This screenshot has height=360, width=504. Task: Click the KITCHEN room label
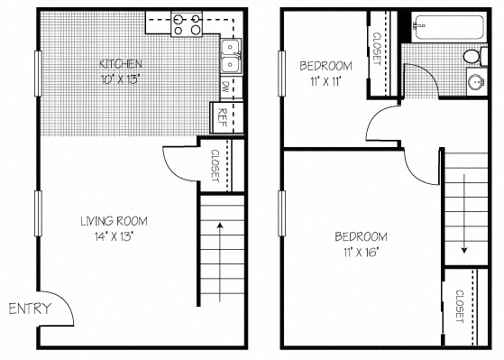[x=119, y=63]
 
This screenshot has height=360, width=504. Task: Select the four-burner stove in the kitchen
[x=187, y=23]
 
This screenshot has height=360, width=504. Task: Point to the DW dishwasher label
[x=225, y=88]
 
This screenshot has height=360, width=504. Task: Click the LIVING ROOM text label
[x=114, y=221]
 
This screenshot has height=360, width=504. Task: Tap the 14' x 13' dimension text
[x=114, y=236]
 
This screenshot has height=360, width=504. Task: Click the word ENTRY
[x=30, y=309]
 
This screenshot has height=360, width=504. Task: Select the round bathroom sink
[x=474, y=83]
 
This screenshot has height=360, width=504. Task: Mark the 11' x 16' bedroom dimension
[x=358, y=252]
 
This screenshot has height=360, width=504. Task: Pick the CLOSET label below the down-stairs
[x=459, y=307]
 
